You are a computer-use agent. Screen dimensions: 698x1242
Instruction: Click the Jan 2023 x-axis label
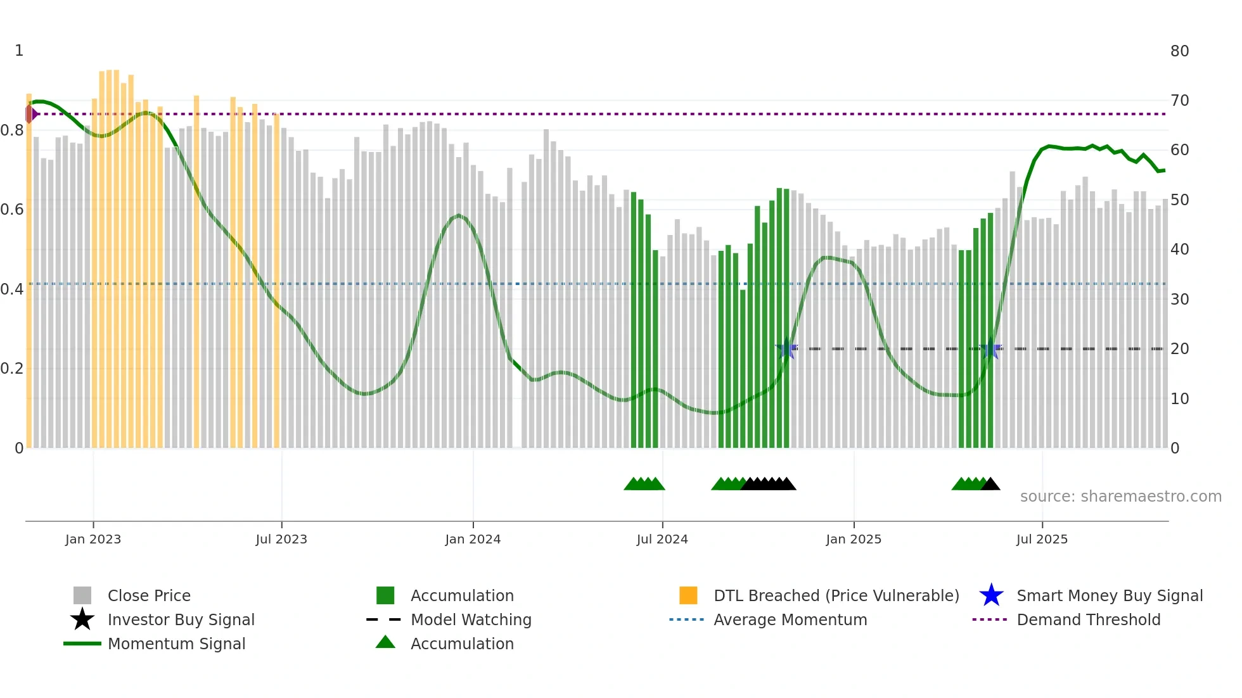(93, 539)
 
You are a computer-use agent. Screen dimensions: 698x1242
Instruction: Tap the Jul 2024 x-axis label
(662, 539)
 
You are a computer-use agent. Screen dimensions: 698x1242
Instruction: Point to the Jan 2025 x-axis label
(854, 539)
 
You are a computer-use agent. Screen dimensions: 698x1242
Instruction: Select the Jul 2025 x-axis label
(1042, 539)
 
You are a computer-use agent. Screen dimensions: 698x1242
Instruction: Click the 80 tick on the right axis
(1179, 51)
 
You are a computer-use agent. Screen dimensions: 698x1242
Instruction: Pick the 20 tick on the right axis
(1179, 349)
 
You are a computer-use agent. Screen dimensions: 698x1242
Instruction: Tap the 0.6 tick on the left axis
(12, 210)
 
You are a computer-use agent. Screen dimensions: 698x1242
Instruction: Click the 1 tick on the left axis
(19, 51)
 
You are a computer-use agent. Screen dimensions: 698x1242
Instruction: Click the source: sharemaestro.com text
(1120, 497)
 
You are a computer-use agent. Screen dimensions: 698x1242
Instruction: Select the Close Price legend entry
(149, 595)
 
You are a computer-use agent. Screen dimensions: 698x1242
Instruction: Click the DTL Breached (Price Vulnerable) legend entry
(836, 595)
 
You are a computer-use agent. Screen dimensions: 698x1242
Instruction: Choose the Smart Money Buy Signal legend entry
(1109, 595)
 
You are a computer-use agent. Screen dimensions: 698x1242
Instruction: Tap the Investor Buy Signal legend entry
(181, 619)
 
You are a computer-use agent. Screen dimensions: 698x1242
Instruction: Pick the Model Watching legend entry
(471, 619)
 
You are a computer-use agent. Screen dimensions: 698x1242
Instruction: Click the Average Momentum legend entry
(790, 619)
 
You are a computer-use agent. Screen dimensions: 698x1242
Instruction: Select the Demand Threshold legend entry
(1088, 619)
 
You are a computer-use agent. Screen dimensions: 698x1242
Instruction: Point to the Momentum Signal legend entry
(176, 644)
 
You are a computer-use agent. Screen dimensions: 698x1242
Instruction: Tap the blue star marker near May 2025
(990, 349)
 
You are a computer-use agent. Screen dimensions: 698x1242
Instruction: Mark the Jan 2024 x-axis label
(473, 539)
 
